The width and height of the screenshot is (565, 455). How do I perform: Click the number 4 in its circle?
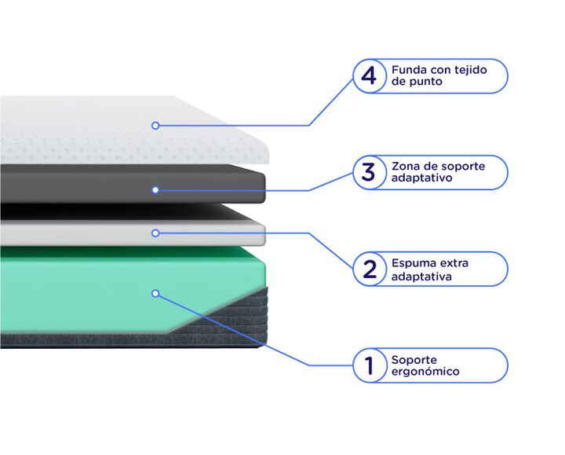pyautogui.click(x=369, y=76)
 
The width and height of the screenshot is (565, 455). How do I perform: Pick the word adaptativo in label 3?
pyautogui.click(x=421, y=178)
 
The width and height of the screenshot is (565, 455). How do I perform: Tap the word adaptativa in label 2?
pyautogui.click(x=421, y=277)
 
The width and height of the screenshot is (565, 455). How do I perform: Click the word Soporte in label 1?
pyautogui.click(x=414, y=360)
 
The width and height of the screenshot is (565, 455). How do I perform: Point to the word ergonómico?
pyautogui.click(x=425, y=372)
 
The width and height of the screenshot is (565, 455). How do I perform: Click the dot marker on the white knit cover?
pyautogui.click(x=155, y=126)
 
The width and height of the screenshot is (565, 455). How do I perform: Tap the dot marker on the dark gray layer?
pyautogui.click(x=155, y=190)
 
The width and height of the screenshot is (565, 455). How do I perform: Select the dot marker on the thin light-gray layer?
pyautogui.click(x=155, y=233)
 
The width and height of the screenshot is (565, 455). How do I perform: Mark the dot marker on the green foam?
pyautogui.click(x=155, y=293)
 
